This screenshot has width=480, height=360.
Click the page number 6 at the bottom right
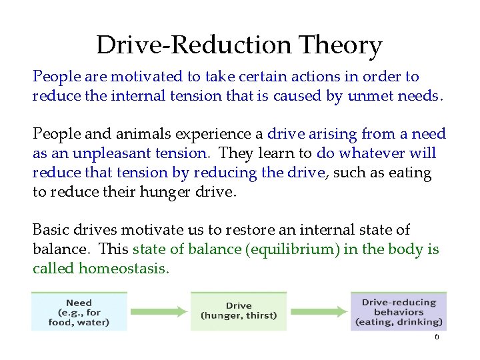pos(437,337)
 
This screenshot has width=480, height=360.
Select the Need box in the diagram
pos(79,311)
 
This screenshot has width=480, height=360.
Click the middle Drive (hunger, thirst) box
pos(238,311)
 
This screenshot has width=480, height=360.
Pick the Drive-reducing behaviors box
pos(398,311)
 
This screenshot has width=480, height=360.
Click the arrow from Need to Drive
pos(159,311)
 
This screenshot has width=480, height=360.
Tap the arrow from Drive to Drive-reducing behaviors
pos(318,311)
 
